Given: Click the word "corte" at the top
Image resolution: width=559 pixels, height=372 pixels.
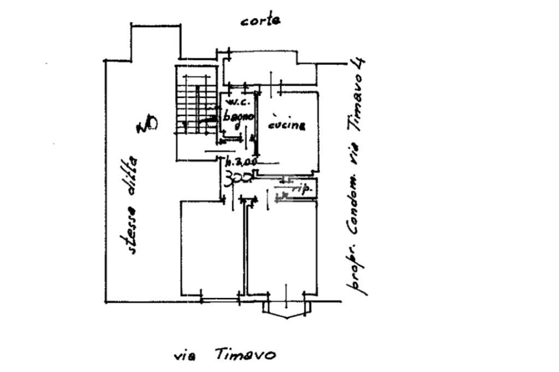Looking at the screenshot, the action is click(261, 21).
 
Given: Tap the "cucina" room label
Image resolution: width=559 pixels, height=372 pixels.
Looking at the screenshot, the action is click(287, 125).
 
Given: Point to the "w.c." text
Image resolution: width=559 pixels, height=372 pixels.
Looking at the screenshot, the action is click(237, 102).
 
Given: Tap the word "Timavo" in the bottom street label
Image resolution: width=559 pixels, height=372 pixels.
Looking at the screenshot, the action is click(245, 355).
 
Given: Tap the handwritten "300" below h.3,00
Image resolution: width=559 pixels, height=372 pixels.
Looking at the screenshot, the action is click(238, 177).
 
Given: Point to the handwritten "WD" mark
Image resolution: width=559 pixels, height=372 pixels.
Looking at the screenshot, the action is click(146, 125).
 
